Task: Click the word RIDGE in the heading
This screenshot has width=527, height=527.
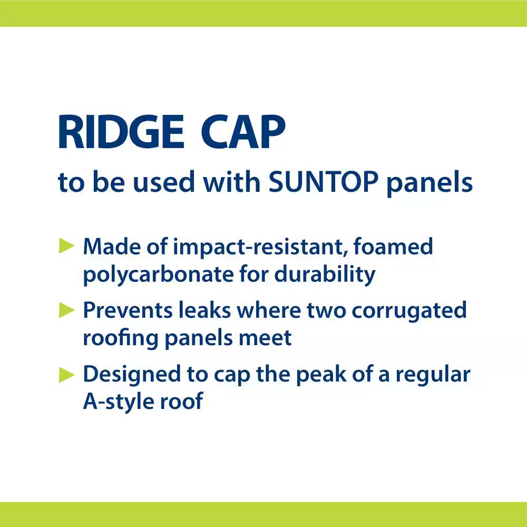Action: [x=121, y=133]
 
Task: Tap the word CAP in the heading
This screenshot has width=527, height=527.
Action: [x=243, y=133]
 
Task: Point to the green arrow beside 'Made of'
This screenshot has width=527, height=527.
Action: [x=67, y=246]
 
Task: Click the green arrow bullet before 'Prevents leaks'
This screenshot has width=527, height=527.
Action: [x=67, y=310]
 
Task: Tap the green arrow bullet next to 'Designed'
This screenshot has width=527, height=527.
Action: [x=67, y=374]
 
